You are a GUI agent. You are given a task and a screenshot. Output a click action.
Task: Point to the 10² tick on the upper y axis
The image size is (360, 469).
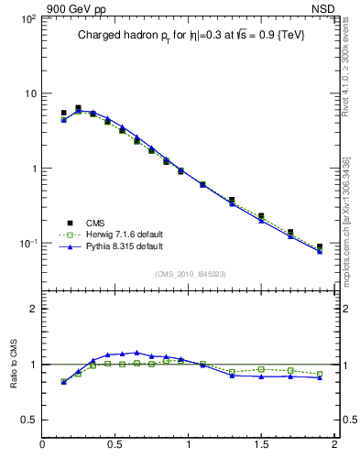coord(27,19)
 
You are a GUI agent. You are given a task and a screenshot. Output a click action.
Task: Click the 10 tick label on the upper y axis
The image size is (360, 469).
coord(28,94)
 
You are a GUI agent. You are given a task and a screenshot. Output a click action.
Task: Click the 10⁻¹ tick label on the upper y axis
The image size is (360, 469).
coord(27,245)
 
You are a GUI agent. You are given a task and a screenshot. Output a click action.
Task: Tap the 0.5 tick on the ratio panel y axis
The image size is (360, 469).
coord(28,420)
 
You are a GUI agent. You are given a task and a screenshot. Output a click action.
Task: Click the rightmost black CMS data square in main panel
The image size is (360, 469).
coord(320,246)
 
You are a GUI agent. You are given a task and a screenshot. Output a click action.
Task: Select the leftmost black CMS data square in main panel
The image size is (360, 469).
coord(63,114)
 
